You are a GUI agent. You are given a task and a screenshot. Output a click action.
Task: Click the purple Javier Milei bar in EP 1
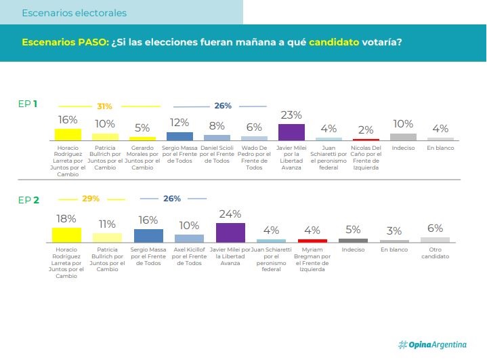tap(291, 132)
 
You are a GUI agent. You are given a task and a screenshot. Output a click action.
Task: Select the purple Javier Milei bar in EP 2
tap(230, 232)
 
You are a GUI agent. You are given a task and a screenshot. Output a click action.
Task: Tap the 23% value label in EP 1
tap(291, 115)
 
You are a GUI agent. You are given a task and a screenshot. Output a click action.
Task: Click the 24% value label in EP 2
tap(230, 214)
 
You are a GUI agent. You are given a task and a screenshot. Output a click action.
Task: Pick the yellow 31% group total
tap(104, 106)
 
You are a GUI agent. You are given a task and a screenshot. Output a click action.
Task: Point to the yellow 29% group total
tap(91, 199)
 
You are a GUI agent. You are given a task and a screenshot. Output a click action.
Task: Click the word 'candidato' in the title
tap(335, 42)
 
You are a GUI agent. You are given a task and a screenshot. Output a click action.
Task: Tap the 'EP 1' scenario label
tap(28, 104)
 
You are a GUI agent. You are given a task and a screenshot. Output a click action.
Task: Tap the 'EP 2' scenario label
tap(28, 199)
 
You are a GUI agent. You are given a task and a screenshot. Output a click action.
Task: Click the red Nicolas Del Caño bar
tap(366, 139)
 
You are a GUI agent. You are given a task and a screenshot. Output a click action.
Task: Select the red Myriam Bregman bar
tap(312, 240)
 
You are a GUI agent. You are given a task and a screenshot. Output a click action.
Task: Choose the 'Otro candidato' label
tap(435, 254)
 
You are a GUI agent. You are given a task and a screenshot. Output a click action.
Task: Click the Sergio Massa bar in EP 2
tap(148, 235)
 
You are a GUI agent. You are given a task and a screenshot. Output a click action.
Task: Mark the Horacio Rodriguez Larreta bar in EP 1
tap(68, 134)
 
